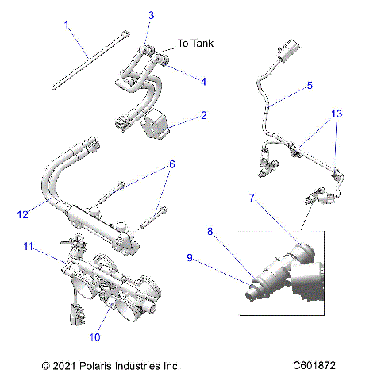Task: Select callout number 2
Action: (204, 116)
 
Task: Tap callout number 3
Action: (152, 15)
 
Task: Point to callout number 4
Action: (204, 80)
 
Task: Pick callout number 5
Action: (310, 84)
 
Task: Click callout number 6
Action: (171, 164)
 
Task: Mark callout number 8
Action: (210, 231)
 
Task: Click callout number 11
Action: (28, 248)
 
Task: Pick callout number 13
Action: (337, 114)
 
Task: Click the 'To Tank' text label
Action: (195, 44)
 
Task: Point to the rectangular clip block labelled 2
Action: (156, 124)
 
